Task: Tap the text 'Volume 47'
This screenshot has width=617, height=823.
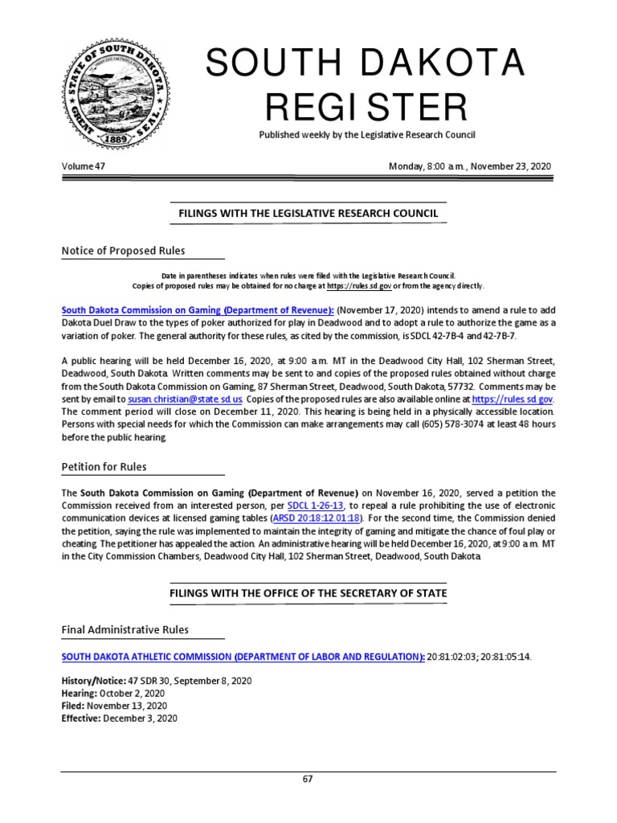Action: coord(84,166)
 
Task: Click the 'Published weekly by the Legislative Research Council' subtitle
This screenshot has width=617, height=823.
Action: coord(366,135)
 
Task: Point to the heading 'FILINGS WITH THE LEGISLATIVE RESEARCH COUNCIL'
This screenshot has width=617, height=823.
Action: coord(308,213)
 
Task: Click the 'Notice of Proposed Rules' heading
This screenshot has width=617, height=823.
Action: coord(123,251)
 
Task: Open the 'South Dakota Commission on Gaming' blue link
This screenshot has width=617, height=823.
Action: coord(198,310)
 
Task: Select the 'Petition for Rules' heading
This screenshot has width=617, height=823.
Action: coord(104,467)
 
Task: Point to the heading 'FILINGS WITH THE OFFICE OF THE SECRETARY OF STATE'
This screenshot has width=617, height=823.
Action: coord(308,593)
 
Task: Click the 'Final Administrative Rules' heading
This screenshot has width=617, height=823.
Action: coord(125,629)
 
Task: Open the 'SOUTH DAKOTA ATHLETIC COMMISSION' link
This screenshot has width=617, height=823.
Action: coord(243,657)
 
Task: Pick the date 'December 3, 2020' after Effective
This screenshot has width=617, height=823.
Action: coord(141,719)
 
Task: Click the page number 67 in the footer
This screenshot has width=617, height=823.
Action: coord(308,780)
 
